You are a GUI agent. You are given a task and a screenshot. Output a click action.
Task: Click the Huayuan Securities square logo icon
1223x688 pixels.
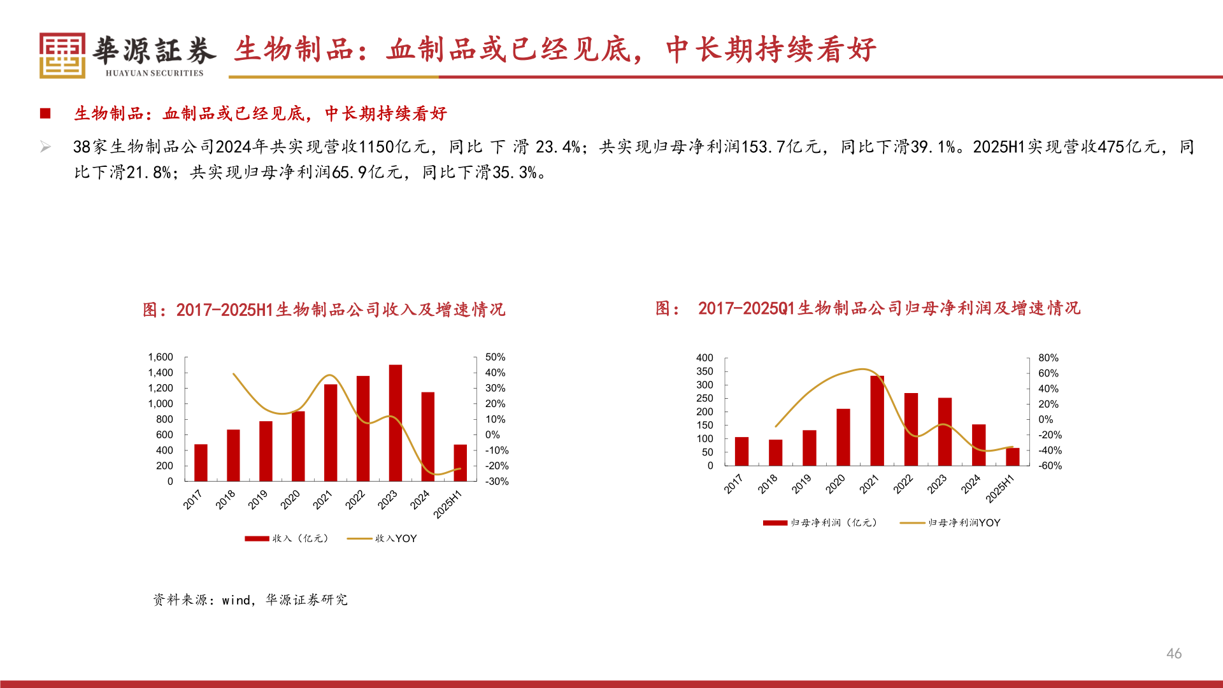click(x=62, y=55)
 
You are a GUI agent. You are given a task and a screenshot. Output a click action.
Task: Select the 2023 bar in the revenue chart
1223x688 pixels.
click(x=395, y=423)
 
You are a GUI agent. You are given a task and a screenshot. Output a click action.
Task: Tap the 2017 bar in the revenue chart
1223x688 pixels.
click(x=201, y=462)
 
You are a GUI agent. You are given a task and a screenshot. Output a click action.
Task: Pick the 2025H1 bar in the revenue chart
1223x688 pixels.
click(x=460, y=462)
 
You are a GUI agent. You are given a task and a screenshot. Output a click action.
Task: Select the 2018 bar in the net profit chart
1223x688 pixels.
click(x=775, y=452)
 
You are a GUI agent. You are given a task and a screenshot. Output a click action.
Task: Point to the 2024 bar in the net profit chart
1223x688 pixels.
click(x=978, y=445)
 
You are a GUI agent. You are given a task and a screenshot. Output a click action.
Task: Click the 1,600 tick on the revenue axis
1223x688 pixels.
click(x=161, y=357)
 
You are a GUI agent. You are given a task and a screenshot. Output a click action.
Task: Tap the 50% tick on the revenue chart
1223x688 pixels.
click(x=495, y=357)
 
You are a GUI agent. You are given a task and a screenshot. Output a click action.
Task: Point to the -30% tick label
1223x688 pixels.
click(x=497, y=482)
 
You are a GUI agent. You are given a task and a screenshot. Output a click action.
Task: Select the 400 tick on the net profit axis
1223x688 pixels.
click(x=704, y=358)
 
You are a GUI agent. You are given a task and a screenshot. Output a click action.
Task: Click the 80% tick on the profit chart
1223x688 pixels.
click(x=1048, y=358)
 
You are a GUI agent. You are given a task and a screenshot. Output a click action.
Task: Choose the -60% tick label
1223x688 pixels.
click(x=1050, y=466)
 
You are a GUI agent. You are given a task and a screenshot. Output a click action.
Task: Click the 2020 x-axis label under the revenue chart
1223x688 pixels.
click(x=290, y=500)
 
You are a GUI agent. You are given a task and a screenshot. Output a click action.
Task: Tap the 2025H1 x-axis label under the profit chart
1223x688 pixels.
click(x=999, y=489)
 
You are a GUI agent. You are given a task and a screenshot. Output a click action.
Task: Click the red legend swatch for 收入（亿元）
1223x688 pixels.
click(x=257, y=539)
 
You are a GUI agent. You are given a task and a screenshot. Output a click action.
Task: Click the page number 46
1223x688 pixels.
click(x=1174, y=654)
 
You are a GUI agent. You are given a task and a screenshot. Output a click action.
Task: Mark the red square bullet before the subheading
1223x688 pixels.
click(x=45, y=113)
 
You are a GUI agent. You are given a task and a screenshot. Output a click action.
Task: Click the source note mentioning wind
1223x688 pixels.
click(x=250, y=600)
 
